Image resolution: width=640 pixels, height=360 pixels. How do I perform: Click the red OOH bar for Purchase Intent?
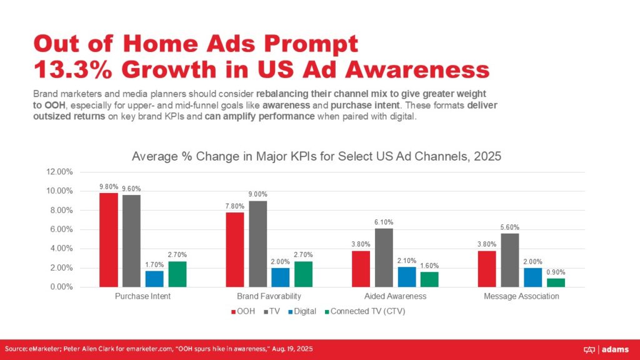[109, 240]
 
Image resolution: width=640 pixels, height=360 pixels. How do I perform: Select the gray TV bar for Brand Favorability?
[257, 244]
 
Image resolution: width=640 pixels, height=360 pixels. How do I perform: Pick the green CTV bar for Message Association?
[556, 282]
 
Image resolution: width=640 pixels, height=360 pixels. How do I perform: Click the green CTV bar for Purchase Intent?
[177, 274]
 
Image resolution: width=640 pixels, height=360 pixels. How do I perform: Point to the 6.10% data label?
[384, 222]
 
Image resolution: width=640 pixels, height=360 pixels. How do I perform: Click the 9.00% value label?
[257, 194]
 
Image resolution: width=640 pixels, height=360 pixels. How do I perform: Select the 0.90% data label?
[556, 271]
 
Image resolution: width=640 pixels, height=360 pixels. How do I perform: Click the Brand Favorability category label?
[269, 296]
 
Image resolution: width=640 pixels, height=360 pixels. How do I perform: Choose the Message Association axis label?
[521, 296]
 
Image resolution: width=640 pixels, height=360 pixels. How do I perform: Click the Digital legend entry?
[301, 311]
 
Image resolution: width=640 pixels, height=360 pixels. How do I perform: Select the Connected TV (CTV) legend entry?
[367, 311]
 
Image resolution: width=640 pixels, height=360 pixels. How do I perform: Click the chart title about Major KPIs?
[316, 157]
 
